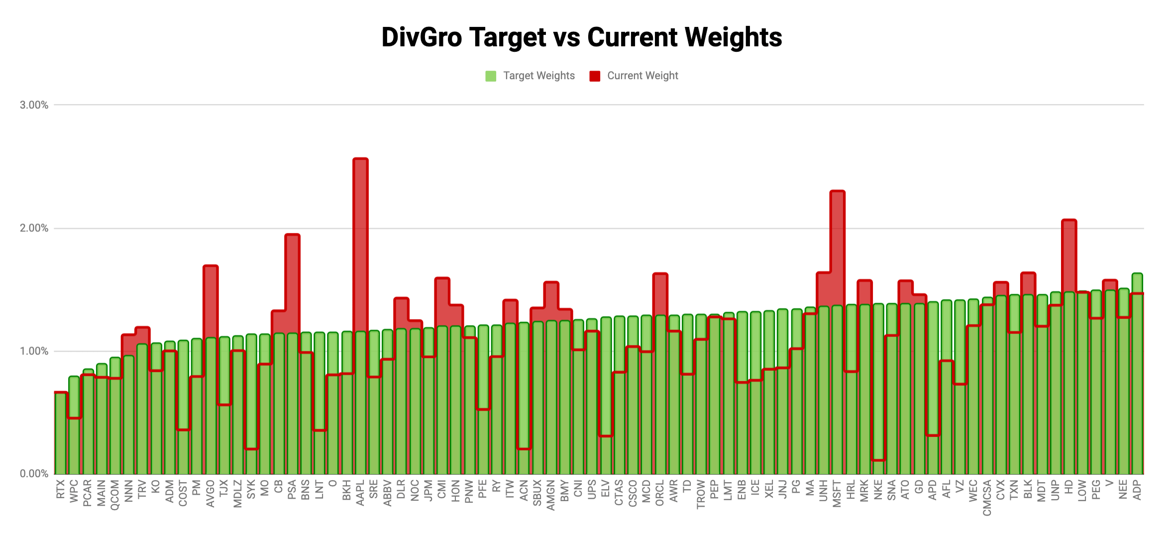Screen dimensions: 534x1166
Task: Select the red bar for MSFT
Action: coord(837,244)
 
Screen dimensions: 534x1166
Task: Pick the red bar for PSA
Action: coord(292,279)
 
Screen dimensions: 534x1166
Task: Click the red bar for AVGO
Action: coord(211,299)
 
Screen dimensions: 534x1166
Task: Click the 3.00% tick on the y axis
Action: coord(34,105)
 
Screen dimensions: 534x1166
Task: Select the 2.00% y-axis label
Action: coord(34,228)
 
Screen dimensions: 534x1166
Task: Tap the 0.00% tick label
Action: coord(34,474)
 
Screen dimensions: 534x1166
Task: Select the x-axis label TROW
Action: coord(701,494)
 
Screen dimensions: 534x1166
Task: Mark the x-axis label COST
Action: coord(183,493)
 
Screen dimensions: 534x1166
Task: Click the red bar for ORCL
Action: coord(660,294)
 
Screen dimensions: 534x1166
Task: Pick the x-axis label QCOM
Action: coord(115,495)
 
